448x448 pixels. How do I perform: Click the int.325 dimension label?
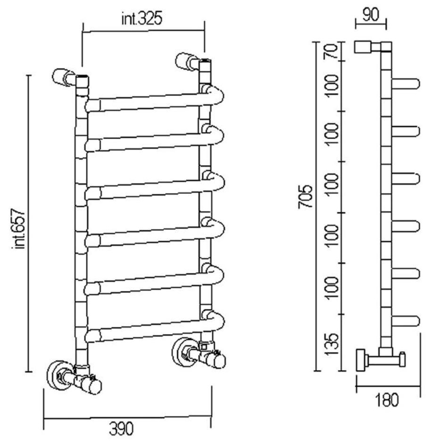[x=142, y=19]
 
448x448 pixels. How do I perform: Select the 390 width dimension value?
[x=121, y=429]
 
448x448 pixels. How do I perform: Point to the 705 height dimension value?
[x=306, y=197]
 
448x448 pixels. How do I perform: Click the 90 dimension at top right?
[x=371, y=15]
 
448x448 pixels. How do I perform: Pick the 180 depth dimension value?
[x=387, y=400]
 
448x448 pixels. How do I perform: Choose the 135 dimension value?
[x=332, y=344]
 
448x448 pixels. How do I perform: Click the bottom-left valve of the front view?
[x=75, y=377]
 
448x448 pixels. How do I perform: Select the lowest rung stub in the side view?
[x=406, y=321]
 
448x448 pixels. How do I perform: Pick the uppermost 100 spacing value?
[x=332, y=86]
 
